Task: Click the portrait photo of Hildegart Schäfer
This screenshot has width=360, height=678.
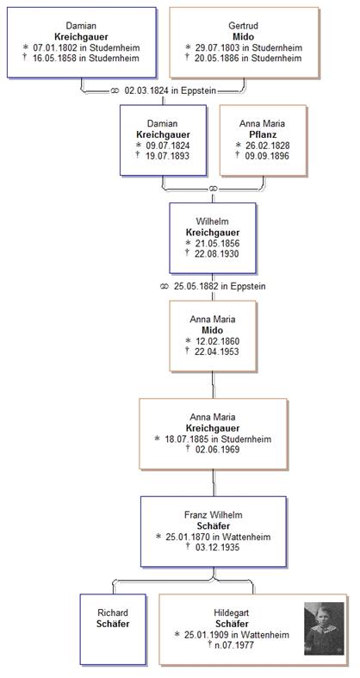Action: pyautogui.click(x=324, y=628)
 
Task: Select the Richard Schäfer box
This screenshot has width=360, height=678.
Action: pyautogui.click(x=113, y=629)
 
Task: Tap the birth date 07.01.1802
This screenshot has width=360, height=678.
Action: pyautogui.click(x=55, y=47)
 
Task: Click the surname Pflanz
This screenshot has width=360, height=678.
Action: pyautogui.click(x=263, y=134)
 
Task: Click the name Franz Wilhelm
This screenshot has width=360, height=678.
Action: pyautogui.click(x=213, y=515)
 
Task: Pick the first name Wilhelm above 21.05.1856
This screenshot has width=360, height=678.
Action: pyautogui.click(x=213, y=221)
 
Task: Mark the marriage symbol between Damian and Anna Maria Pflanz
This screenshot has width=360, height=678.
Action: pyautogui.click(x=212, y=189)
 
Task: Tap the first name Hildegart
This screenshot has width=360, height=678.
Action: pyautogui.click(x=232, y=613)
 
